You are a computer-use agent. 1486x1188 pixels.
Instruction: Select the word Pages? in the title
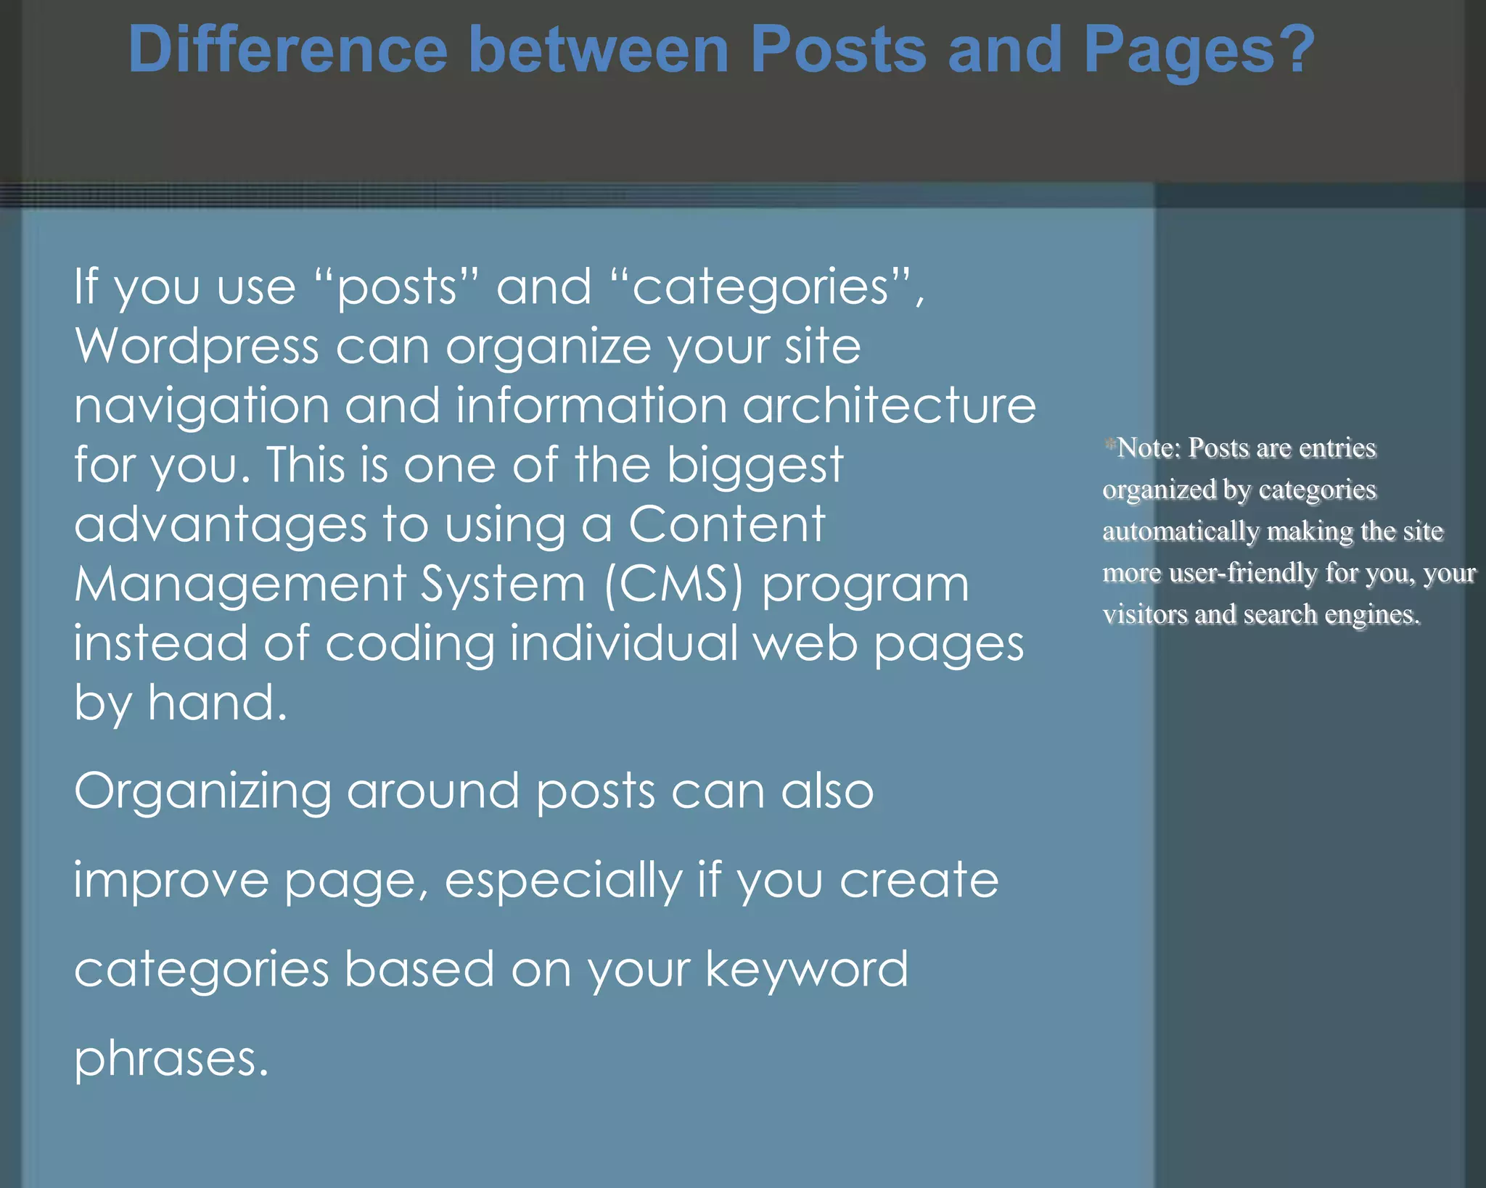tap(1199, 51)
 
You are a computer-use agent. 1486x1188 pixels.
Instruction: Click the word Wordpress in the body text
tap(197, 347)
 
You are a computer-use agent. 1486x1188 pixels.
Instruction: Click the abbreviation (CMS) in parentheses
tap(674, 585)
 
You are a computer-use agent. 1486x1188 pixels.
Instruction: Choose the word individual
tap(624, 643)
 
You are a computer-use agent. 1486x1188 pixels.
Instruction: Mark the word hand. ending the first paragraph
tap(217, 703)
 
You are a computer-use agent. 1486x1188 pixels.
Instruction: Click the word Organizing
tap(202, 793)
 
